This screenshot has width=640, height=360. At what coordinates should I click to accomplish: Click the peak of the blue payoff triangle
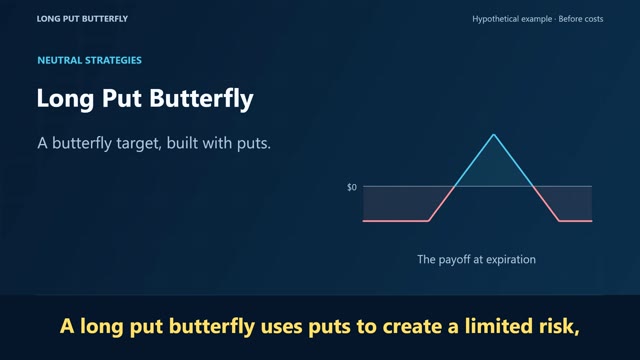[x=493, y=134]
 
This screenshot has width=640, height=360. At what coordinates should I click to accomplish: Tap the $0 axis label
[x=351, y=187]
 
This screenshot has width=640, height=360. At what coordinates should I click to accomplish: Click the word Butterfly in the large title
[x=201, y=99]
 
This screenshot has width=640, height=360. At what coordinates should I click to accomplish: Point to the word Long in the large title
[x=65, y=99]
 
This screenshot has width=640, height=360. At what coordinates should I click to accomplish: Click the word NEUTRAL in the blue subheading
[x=60, y=60]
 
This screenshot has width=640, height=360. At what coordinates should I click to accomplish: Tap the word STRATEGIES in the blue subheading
[x=113, y=60]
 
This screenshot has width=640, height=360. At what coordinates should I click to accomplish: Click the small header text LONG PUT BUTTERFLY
[x=82, y=19]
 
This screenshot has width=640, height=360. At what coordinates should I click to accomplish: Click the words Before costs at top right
[x=581, y=19]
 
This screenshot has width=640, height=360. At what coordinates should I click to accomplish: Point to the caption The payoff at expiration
[x=476, y=260]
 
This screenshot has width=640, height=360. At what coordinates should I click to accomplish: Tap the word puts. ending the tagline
[x=254, y=144]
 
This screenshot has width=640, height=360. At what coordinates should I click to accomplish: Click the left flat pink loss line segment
[x=396, y=221]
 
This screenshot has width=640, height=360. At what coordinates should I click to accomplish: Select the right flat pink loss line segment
[x=576, y=221]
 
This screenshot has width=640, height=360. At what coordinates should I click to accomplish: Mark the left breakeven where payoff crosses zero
[x=454, y=187]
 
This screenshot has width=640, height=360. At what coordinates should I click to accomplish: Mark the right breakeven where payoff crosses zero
[x=533, y=187]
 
